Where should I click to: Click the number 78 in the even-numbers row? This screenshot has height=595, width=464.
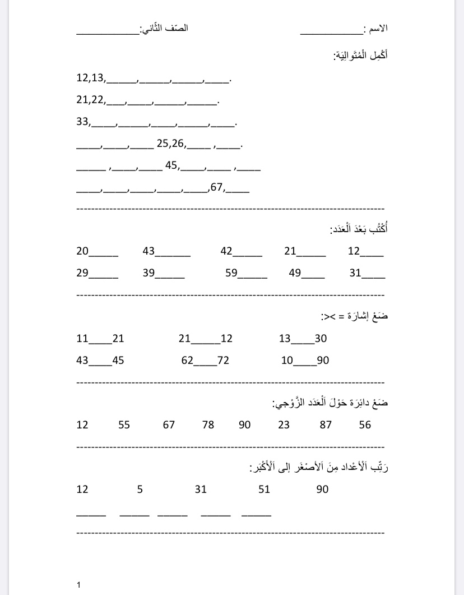click(208, 425)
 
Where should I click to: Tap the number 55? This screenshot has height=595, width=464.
click(124, 425)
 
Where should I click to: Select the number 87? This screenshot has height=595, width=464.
click(326, 425)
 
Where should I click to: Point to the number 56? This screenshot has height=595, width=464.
click(365, 425)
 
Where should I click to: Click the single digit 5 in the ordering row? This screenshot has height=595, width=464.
click(140, 490)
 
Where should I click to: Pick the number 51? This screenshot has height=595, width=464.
click(264, 490)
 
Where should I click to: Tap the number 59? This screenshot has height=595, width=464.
click(231, 274)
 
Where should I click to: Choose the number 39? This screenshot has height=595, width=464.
click(149, 274)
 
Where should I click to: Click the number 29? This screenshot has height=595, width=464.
click(82, 274)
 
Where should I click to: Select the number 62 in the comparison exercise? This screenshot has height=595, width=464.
click(187, 361)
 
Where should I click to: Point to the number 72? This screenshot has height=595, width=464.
click(223, 361)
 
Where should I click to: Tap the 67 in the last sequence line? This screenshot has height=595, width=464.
click(216, 188)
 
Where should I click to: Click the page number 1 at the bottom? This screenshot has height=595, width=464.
click(78, 585)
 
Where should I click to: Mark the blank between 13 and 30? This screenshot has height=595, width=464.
click(303, 340)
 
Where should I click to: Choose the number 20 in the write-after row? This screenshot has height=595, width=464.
click(82, 251)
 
